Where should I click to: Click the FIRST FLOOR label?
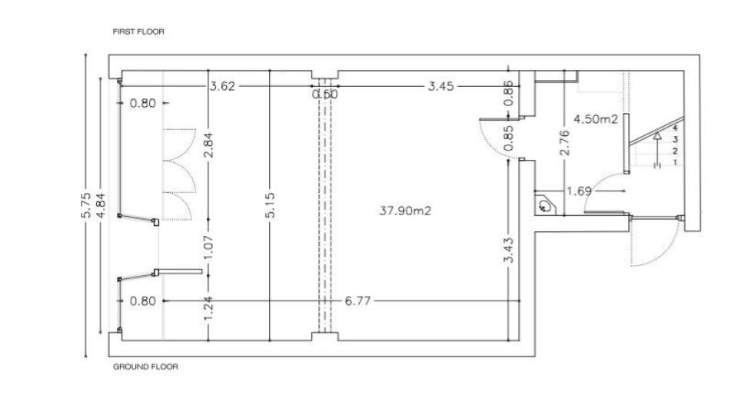coord(138,32)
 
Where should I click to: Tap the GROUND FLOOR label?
coord(145,367)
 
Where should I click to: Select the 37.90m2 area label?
coord(405,211)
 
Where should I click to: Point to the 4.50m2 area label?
coord(595,119)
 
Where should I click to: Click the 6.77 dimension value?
coord(357,300)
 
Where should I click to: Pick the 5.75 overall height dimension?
coord(86,205)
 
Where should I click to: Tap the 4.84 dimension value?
coord(101,205)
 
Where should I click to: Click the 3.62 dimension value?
coord(222,86)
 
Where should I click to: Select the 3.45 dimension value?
coord(441,86)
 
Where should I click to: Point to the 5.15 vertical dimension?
coord(270,205)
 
